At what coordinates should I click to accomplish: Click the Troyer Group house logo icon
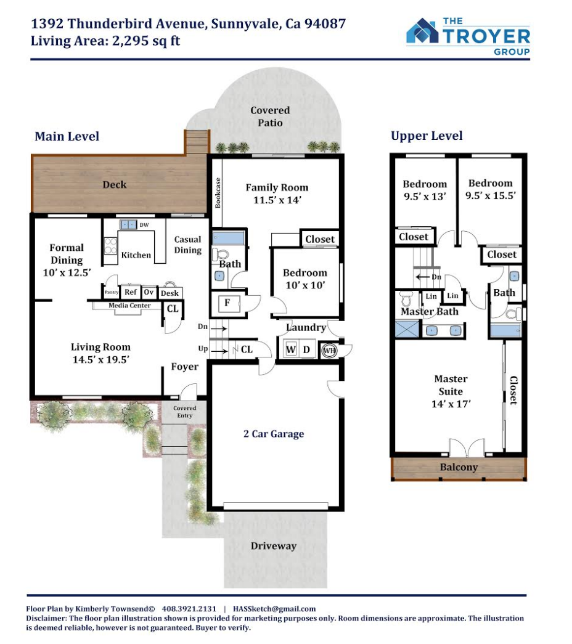pyautogui.click(x=422, y=31)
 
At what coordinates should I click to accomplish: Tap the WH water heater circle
pyautogui.click(x=329, y=350)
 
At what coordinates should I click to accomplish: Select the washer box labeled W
pyautogui.click(x=291, y=349)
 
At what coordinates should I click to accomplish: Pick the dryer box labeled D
pyautogui.click(x=306, y=349)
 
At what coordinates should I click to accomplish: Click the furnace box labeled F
pyautogui.click(x=227, y=303)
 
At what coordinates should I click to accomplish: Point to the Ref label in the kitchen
pyautogui.click(x=131, y=292)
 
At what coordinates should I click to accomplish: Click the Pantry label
pyautogui.click(x=112, y=292)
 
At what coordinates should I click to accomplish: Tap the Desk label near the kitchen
pyautogui.click(x=170, y=293)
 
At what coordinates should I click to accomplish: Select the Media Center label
pyautogui.click(x=129, y=305)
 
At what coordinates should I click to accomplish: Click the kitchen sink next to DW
pyautogui.click(x=128, y=225)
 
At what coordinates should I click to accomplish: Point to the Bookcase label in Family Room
pyautogui.click(x=218, y=193)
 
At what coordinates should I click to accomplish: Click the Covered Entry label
pyautogui.click(x=184, y=412)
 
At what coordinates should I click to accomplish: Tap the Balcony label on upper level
pyautogui.click(x=459, y=467)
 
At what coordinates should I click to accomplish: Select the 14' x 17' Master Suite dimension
pyautogui.click(x=451, y=404)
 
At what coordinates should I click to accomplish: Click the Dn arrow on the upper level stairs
pyautogui.click(x=423, y=277)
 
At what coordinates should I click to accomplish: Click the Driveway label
pyautogui.click(x=274, y=546)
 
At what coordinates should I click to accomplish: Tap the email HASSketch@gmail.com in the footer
pyautogui.click(x=274, y=609)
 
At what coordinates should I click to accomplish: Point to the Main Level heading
pyautogui.click(x=67, y=136)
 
